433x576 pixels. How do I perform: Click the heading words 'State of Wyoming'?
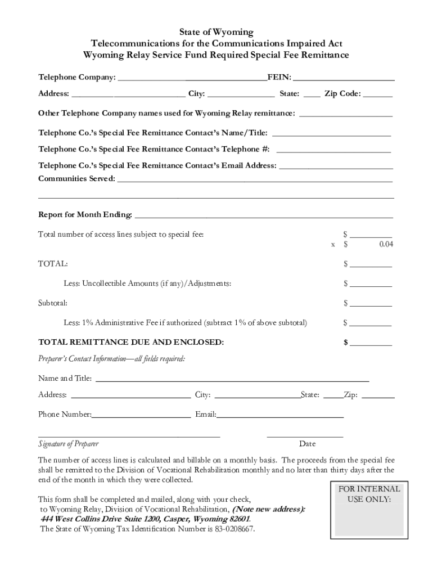216,32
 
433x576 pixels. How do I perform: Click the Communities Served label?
76,178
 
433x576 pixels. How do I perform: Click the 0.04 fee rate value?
386,244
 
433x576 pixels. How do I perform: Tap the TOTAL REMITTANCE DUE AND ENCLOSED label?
131,342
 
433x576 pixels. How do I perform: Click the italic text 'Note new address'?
270,509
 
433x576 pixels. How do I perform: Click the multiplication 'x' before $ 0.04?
333,245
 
